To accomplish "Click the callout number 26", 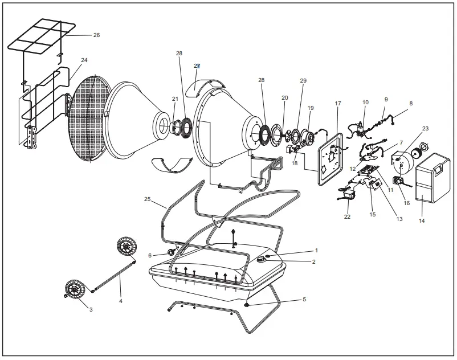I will [96, 35].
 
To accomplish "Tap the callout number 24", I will [84, 60].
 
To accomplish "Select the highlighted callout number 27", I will [197, 66].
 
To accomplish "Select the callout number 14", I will [422, 220].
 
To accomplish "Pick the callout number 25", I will [147, 199].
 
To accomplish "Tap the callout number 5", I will [304, 299].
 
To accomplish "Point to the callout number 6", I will [150, 256].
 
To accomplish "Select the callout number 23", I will [425, 129].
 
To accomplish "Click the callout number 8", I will [411, 104].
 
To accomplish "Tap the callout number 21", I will [175, 99].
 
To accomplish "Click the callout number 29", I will [303, 81].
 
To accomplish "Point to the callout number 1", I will [316, 250].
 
